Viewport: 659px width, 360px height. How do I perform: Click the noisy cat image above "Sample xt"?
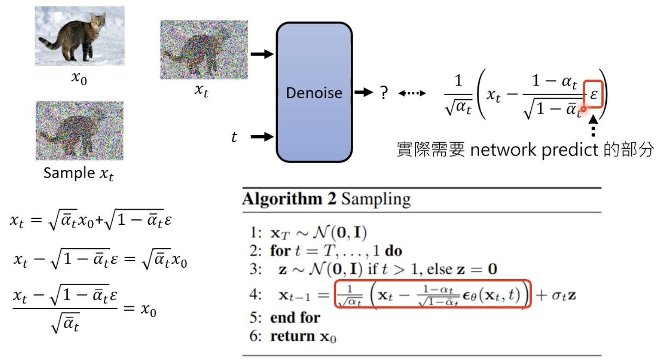click(79, 131)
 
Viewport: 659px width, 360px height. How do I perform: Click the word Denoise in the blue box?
click(314, 93)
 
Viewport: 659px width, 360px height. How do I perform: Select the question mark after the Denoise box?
click(383, 93)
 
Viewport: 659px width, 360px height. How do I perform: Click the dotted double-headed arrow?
click(412, 93)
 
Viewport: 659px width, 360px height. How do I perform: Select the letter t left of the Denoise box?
click(234, 137)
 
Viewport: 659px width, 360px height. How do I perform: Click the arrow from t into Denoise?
click(262, 137)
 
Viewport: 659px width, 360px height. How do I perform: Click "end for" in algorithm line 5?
click(295, 318)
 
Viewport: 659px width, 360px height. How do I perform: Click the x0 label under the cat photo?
click(78, 78)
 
